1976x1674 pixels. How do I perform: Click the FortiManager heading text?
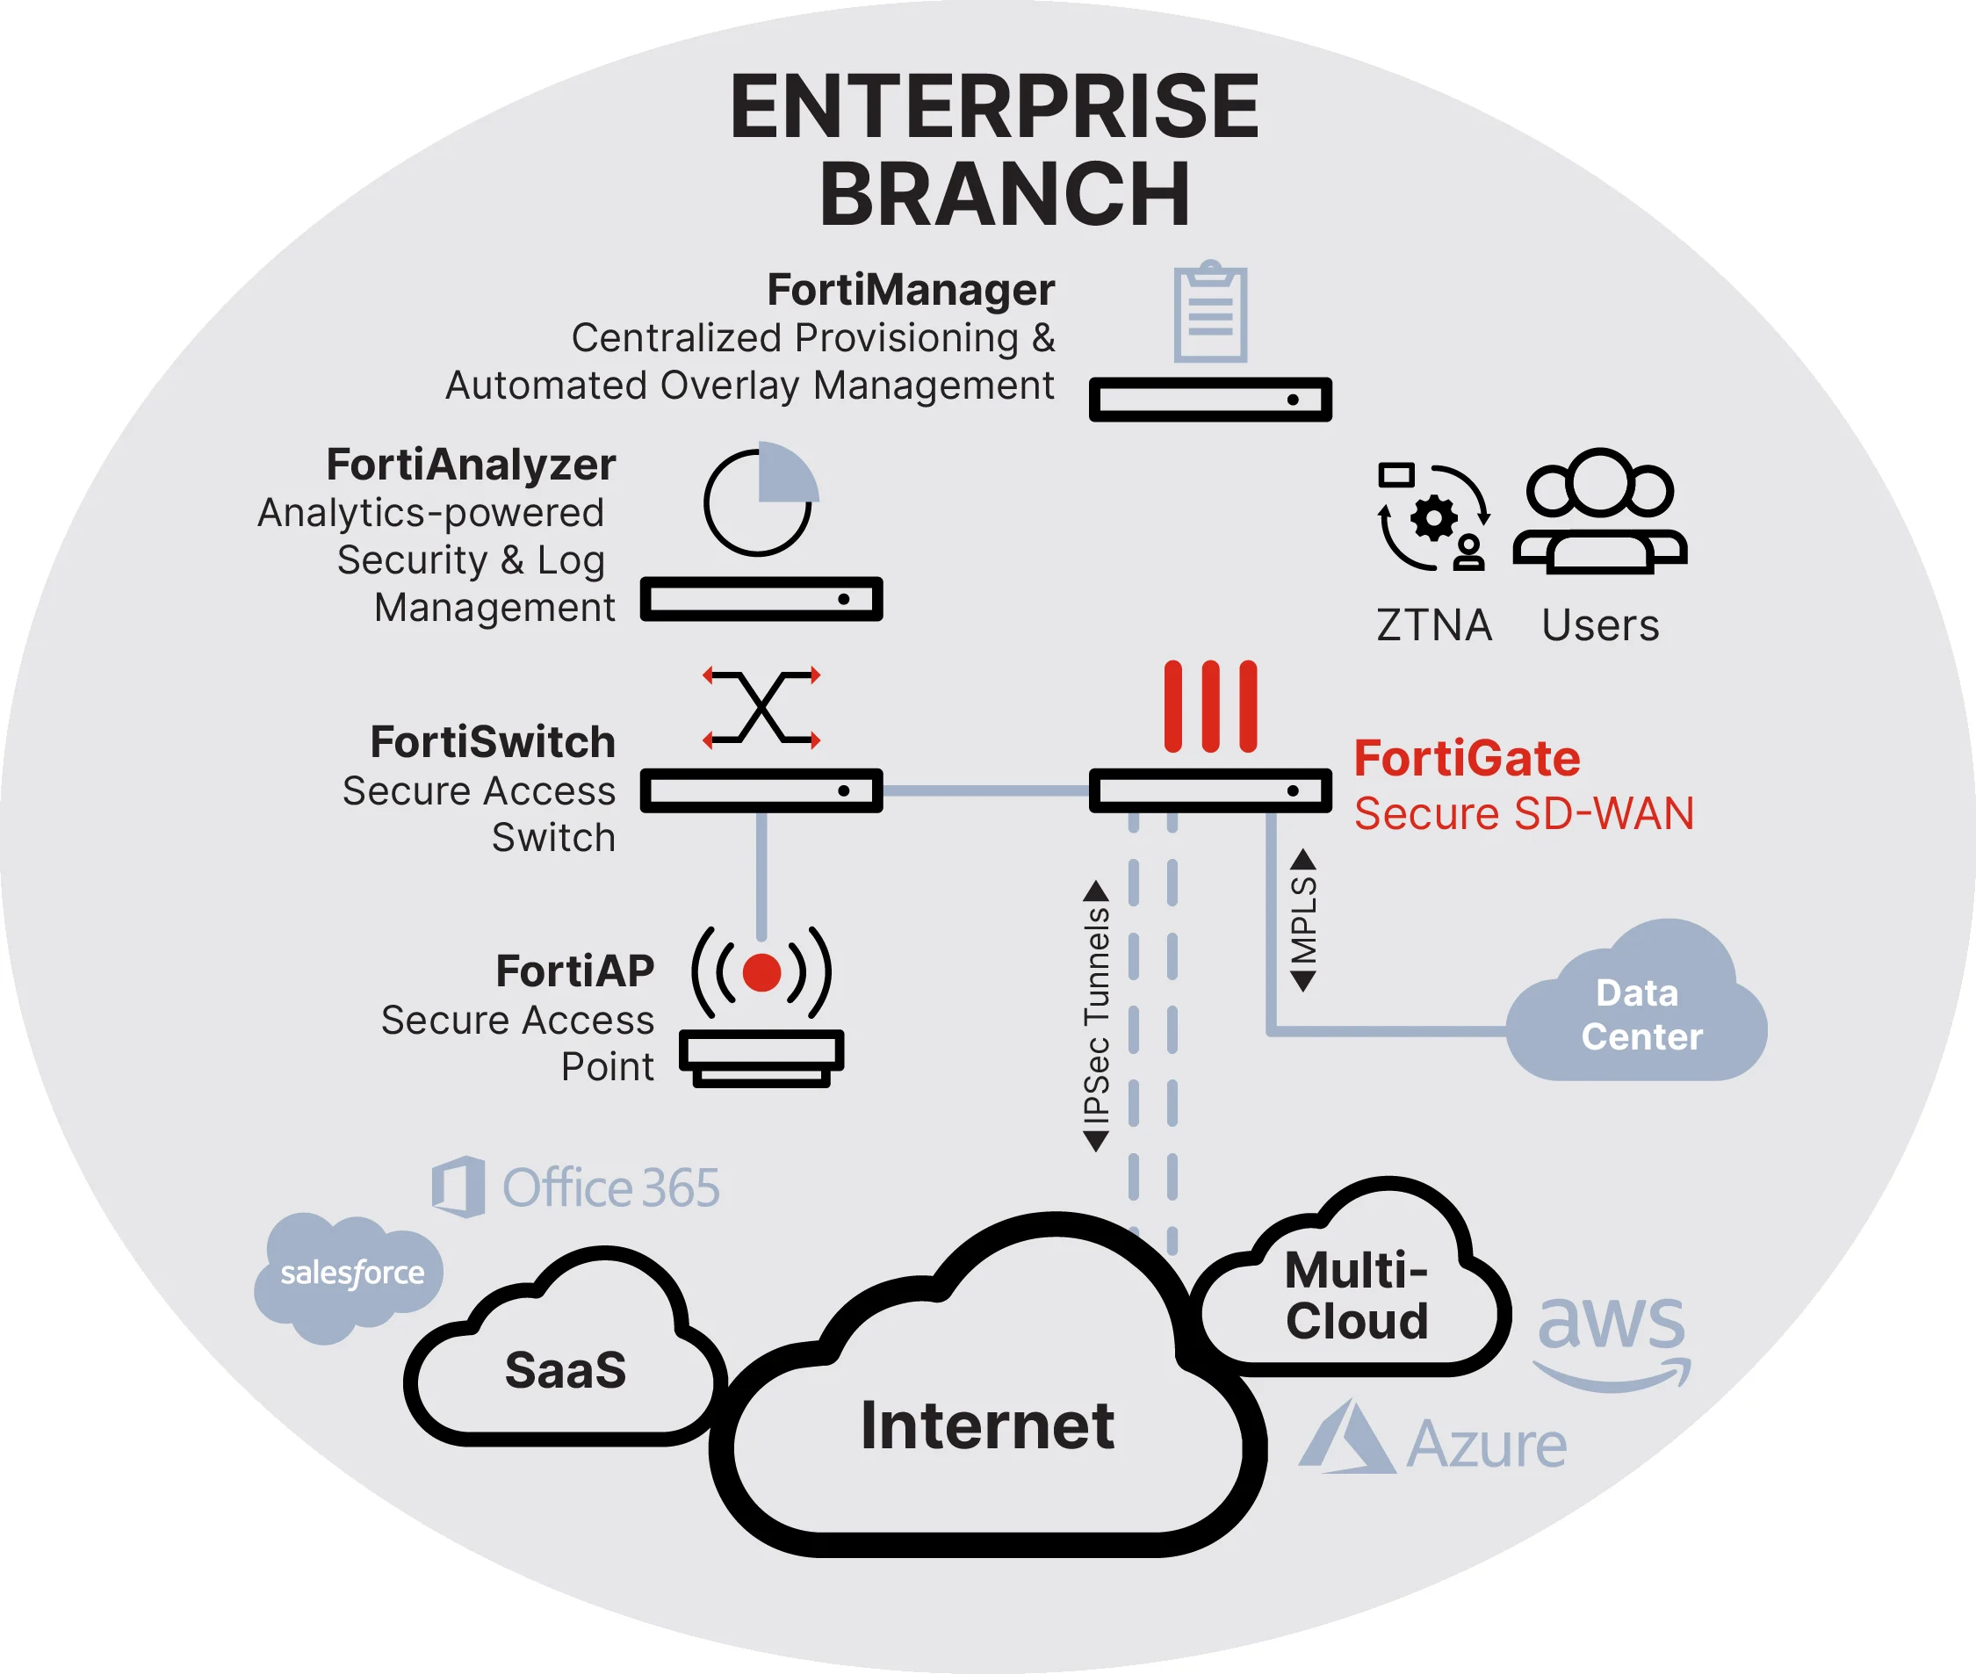click(910, 290)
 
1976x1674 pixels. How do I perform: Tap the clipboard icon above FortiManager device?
click(1209, 314)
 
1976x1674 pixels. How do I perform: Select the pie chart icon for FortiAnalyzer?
click(761, 500)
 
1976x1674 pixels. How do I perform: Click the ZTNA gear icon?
click(1433, 518)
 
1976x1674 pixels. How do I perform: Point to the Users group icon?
click(1600, 512)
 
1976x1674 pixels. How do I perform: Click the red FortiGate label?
click(1467, 759)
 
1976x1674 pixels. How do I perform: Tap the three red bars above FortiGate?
click(1210, 707)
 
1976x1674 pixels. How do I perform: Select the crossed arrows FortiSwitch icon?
click(761, 708)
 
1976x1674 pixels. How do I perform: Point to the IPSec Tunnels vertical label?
click(1096, 1015)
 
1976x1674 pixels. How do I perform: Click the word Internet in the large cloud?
click(987, 1425)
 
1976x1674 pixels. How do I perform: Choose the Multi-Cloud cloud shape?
click(1355, 1295)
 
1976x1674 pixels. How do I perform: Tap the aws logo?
click(1612, 1338)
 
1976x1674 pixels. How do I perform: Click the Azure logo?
click(1433, 1442)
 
